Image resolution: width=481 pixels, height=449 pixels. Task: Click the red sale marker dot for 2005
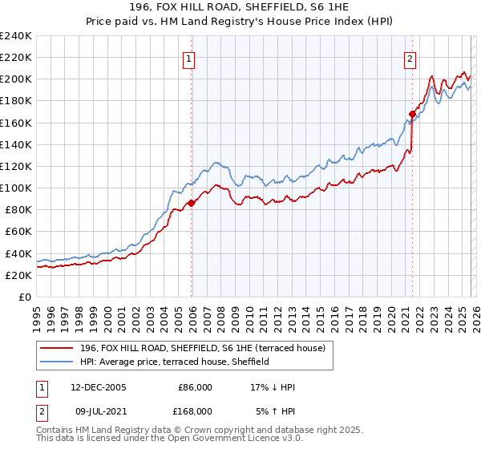click(x=191, y=203)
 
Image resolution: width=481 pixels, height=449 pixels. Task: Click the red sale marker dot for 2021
click(x=412, y=114)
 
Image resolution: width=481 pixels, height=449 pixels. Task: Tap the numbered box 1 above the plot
click(x=188, y=58)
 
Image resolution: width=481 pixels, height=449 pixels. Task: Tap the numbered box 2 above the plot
click(x=410, y=58)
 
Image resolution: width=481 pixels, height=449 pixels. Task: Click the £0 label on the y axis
click(x=24, y=297)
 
